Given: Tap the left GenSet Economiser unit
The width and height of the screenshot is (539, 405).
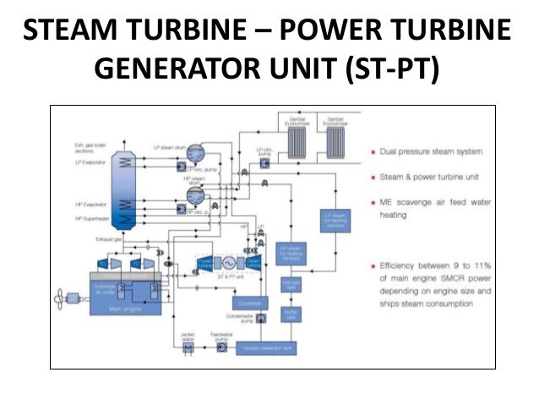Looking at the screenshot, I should click(x=298, y=140).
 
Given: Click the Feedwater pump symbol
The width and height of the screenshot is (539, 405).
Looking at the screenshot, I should click(x=221, y=348).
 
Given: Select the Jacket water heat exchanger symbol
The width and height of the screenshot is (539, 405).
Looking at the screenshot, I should click(x=189, y=348).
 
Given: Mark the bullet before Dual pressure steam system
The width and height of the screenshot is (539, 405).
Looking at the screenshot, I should click(x=373, y=152).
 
